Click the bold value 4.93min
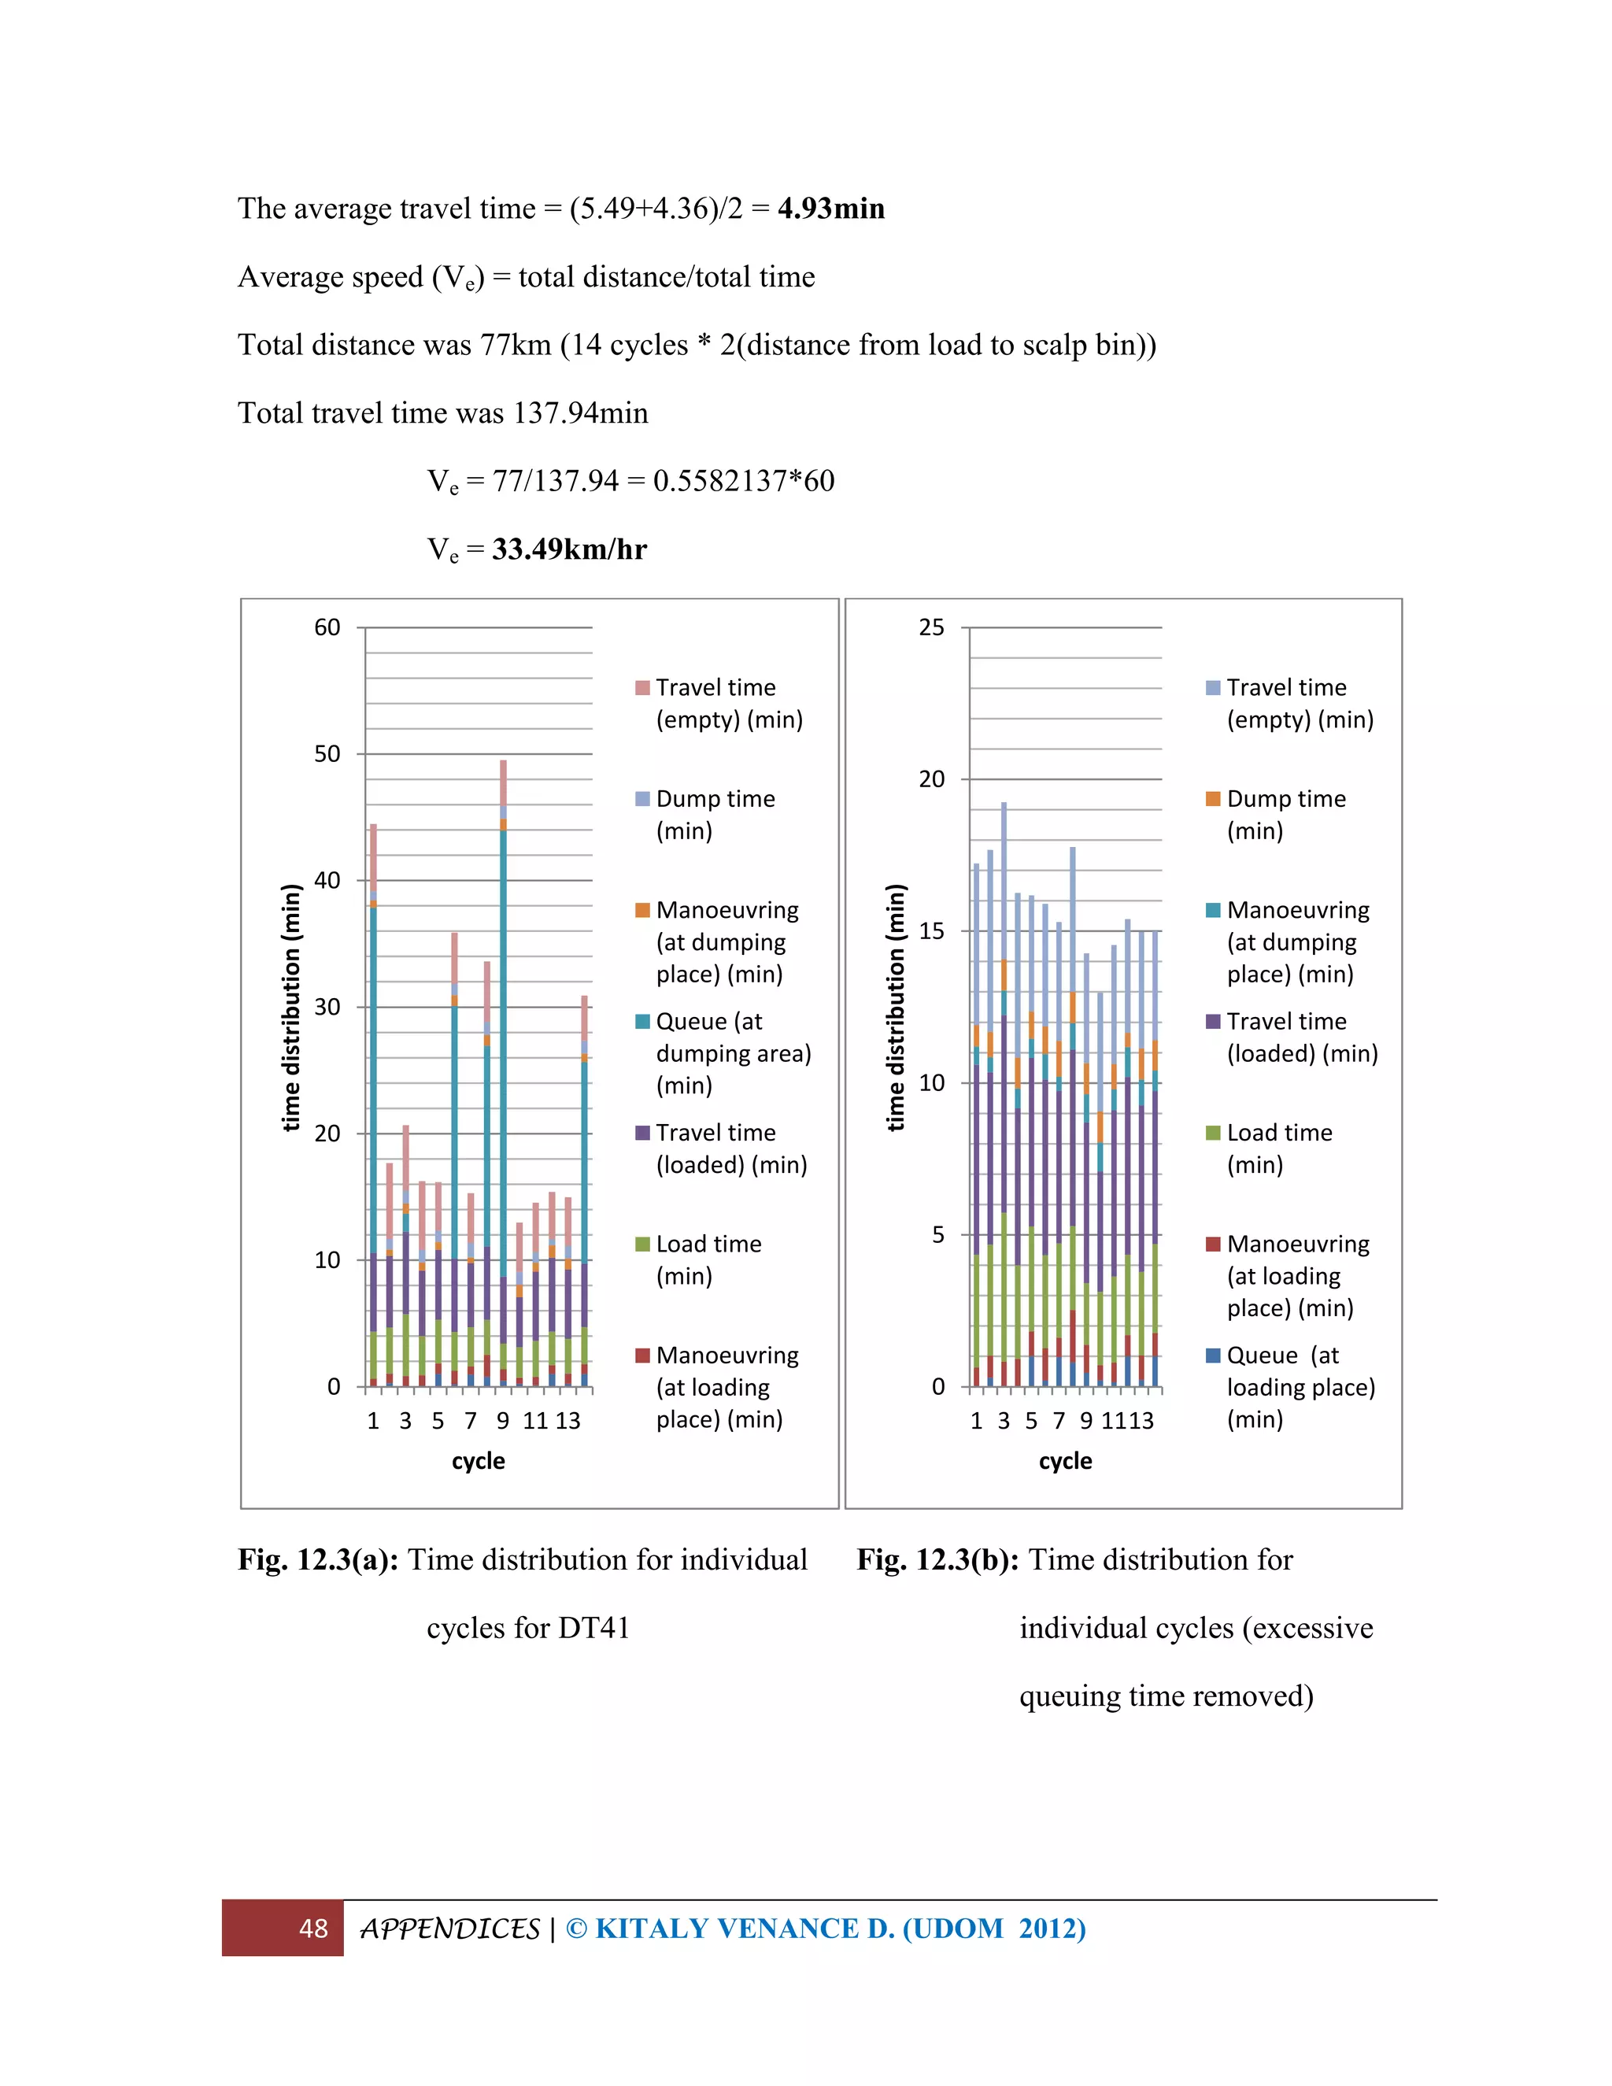pos(831,209)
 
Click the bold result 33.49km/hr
pos(569,549)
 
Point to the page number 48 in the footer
pos(313,1929)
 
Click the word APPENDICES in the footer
pos(449,1929)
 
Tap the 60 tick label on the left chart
pos(327,627)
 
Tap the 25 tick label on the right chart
pos(931,627)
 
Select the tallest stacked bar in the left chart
pos(503,1070)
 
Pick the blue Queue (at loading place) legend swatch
pos(1213,1356)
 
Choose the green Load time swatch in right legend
pos(1213,1133)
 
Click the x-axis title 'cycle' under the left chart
pos(479,1460)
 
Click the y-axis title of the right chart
pos(895,1007)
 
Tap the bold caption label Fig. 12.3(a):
pos(318,1559)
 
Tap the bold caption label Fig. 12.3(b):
pos(937,1559)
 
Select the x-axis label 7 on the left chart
pos(471,1421)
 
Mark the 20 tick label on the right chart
pos(931,779)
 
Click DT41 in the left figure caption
pos(594,1628)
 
